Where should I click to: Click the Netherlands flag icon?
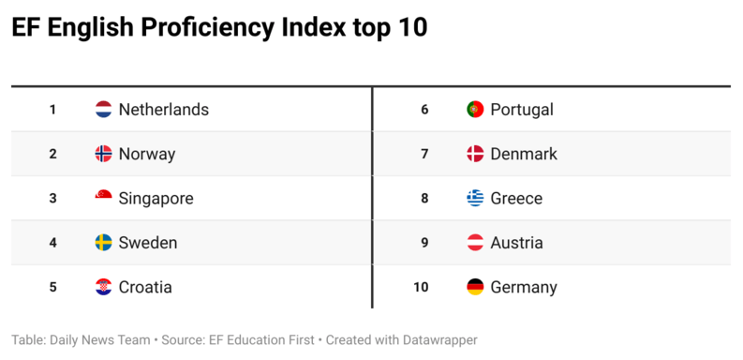[x=104, y=110]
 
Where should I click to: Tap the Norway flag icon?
[x=104, y=154]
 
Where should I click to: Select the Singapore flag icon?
[x=104, y=198]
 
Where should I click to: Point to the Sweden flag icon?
[x=104, y=243]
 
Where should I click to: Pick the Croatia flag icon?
[x=104, y=287]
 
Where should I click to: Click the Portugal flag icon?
[x=475, y=110]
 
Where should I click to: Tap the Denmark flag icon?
[x=475, y=154]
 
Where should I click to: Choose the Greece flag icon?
[x=475, y=198]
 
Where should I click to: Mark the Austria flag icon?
[x=475, y=243]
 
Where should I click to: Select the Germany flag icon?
[x=475, y=287]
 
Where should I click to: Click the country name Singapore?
[x=156, y=199]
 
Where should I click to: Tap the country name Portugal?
[x=522, y=110]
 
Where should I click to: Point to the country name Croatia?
[x=145, y=288]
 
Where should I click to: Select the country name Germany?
[x=524, y=288]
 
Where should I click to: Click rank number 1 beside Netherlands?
[x=52, y=110]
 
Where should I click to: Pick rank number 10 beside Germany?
[x=421, y=288]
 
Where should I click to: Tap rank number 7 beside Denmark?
[x=424, y=154]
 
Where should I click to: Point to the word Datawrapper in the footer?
[x=435, y=340]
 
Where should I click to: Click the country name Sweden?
[x=148, y=243]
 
